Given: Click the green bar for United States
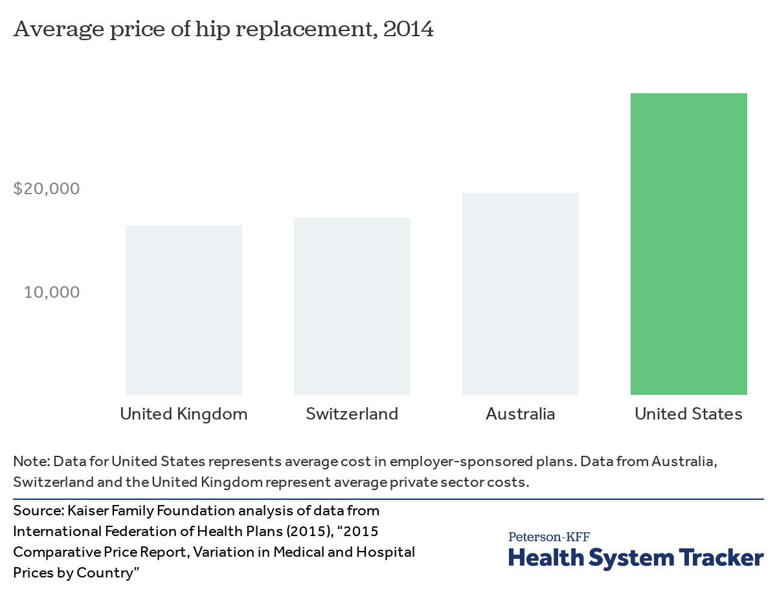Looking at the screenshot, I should point(688,244).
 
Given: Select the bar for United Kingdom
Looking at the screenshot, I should point(183,310).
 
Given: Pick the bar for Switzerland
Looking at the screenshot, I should point(352,306).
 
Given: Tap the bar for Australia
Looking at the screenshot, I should point(520,294).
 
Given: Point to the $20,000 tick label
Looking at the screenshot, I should point(47,188).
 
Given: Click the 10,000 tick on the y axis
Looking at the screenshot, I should point(52,292).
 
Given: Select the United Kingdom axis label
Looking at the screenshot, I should point(183,414).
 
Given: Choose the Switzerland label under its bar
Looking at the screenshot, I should point(352,414).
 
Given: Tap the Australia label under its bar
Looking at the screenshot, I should point(520,414).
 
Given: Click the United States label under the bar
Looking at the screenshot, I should point(688,414).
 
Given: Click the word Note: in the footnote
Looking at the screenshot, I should point(31,462).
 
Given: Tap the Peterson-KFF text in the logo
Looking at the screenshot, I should point(548,537).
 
